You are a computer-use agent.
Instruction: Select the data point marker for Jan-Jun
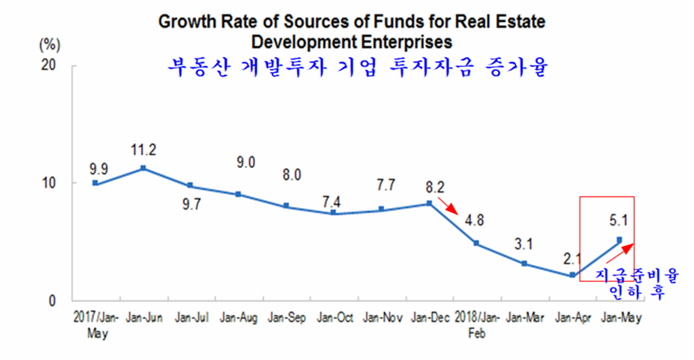click(143, 168)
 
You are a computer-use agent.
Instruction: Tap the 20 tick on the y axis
click(54, 66)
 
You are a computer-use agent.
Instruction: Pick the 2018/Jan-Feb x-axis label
click(477, 323)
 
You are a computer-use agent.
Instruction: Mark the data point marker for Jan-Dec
click(429, 203)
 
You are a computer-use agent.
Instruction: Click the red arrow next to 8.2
click(448, 205)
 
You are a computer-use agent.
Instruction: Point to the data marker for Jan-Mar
click(524, 263)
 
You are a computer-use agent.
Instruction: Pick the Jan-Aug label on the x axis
click(238, 317)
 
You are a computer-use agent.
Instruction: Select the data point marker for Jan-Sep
click(286, 205)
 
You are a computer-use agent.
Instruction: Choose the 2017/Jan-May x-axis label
click(96, 323)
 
